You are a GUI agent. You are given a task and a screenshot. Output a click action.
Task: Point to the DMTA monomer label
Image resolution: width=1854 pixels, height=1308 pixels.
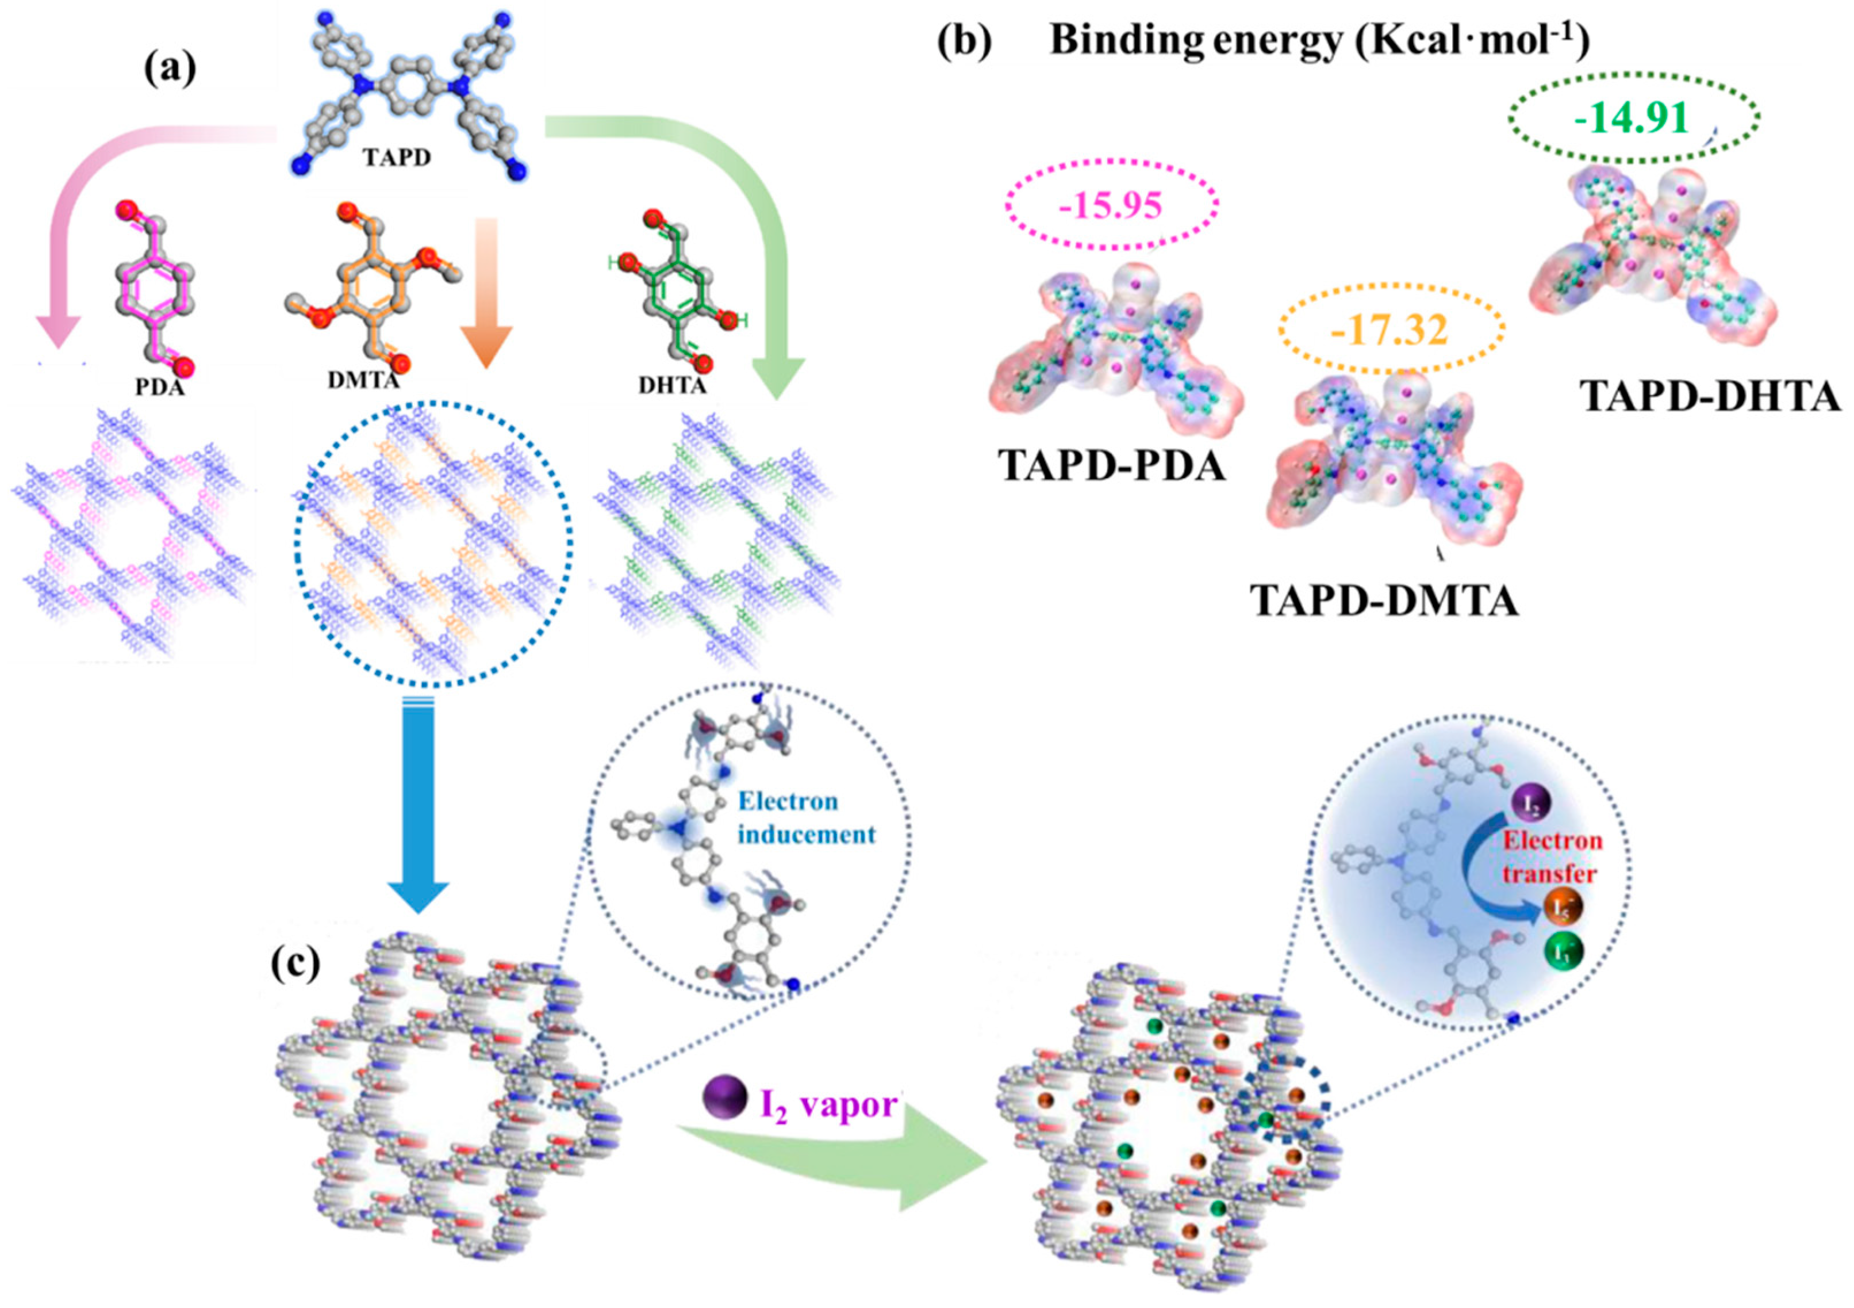363,379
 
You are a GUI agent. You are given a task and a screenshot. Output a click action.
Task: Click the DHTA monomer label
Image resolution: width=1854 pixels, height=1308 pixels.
672,385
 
